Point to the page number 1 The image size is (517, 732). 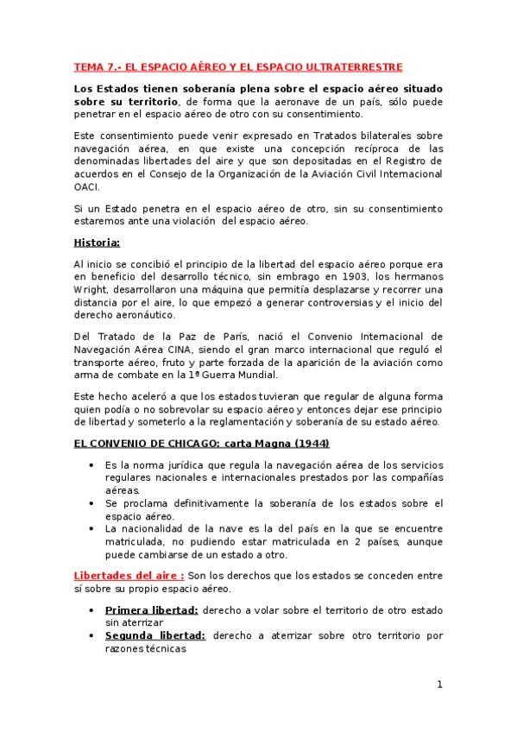(x=439, y=685)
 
